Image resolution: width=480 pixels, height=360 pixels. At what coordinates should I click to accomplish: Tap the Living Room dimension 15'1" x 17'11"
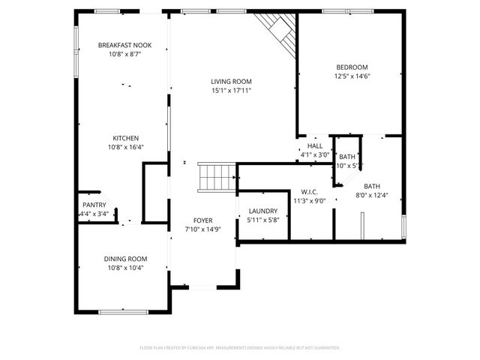point(230,91)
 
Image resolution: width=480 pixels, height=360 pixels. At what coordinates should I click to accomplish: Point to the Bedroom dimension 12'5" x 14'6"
point(351,76)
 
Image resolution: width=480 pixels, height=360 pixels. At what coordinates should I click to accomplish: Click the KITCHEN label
point(124,139)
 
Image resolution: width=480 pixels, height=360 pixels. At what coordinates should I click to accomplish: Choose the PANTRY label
point(94,205)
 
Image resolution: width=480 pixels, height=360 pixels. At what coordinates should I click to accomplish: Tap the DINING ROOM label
point(124,259)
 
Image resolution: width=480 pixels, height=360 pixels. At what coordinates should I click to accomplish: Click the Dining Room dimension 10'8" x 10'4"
point(124,268)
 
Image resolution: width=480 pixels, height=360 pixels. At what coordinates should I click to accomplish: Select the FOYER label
point(202,220)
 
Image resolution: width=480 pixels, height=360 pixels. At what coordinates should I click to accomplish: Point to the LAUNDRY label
point(262,211)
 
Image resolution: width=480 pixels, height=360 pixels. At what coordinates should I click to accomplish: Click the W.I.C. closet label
point(309,192)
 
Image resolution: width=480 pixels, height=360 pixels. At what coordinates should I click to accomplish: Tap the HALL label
point(315,146)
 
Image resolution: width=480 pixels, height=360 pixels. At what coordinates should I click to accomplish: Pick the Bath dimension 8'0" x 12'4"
point(372,196)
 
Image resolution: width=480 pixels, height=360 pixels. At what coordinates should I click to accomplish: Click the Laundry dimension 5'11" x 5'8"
point(262,220)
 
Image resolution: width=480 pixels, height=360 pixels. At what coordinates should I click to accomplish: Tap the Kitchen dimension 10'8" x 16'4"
point(124,148)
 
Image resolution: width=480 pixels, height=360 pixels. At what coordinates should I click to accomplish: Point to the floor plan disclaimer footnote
point(240,348)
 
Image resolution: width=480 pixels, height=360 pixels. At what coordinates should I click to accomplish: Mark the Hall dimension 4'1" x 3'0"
point(315,155)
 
